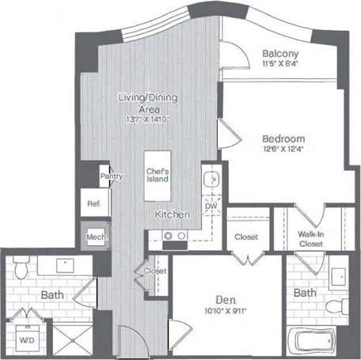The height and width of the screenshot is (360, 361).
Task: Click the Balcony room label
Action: click(x=279, y=54)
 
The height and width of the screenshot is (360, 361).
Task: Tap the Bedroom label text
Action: click(x=283, y=138)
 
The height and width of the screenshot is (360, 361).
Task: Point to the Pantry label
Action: click(x=112, y=176)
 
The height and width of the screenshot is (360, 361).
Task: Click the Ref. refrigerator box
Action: click(x=93, y=203)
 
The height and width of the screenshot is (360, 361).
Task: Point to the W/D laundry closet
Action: click(x=26, y=341)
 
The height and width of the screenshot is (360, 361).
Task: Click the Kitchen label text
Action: click(x=171, y=215)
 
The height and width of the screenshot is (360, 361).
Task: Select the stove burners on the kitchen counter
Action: click(x=174, y=235)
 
